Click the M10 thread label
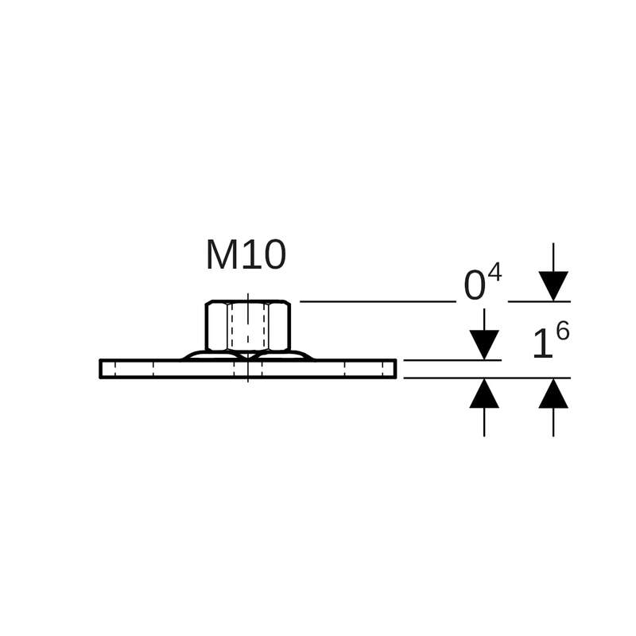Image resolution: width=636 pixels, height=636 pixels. tap(246, 256)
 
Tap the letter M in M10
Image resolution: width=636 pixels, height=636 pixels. tap(219, 256)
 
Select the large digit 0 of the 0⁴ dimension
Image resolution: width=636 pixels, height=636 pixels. tap(474, 287)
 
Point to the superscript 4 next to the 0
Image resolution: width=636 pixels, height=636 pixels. tap(494, 273)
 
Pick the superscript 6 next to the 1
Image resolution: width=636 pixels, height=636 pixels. tap(563, 332)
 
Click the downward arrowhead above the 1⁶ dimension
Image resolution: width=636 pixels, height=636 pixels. tap(553, 285)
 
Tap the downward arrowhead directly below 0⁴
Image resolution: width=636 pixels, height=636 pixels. tap(484, 343)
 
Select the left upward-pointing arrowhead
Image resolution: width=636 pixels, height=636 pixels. tap(484, 394)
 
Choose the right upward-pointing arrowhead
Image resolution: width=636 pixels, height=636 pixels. tap(553, 394)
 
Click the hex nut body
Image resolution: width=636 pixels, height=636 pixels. tap(248, 326)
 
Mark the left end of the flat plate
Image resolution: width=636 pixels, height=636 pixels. tap(102, 369)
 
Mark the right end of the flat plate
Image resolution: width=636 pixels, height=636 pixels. tap(394, 369)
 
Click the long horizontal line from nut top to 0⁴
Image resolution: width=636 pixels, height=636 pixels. tap(378, 301)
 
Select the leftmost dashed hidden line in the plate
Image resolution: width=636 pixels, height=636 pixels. tap(115, 369)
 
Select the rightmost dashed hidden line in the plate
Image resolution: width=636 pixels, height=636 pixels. tap(382, 369)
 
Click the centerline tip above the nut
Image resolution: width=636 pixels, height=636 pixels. tap(248, 295)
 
